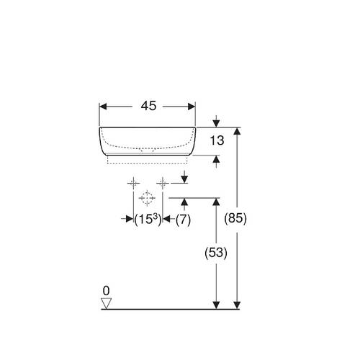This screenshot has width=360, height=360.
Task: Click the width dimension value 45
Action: point(148,106)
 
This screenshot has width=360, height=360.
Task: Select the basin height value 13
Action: point(217,140)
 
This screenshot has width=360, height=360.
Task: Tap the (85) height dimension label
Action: point(235,218)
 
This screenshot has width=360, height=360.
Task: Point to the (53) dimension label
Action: point(216,253)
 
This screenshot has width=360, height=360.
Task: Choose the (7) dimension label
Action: point(183,220)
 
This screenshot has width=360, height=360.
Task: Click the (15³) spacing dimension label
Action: point(148,220)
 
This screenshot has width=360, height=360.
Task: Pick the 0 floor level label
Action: point(106,291)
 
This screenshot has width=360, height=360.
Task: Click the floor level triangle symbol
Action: point(106,303)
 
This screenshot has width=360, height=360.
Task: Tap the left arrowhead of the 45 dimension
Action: point(103,107)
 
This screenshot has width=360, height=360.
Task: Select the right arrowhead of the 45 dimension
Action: point(192,107)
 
